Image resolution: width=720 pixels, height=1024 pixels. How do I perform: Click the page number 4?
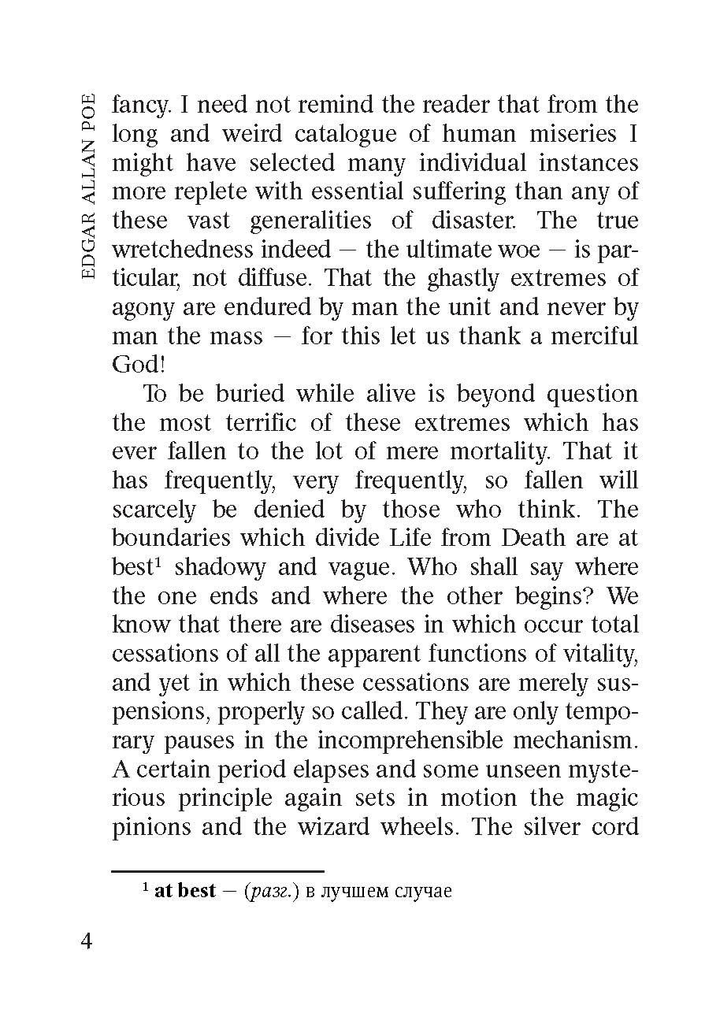point(86,942)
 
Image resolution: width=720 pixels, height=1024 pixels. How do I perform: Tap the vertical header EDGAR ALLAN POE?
point(88,186)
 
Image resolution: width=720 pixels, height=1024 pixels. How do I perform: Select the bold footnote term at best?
point(184,892)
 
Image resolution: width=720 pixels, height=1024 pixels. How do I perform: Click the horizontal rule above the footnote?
point(217,871)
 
